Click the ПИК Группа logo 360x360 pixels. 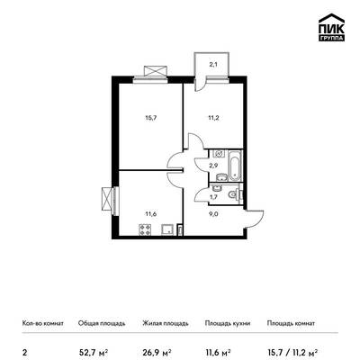pyautogui.click(x=331, y=28)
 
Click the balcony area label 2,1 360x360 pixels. pyautogui.click(x=213, y=64)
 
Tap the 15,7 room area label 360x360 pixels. pyautogui.click(x=151, y=118)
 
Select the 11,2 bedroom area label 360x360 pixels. pyautogui.click(x=213, y=118)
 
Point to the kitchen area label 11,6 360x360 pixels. pyautogui.click(x=151, y=214)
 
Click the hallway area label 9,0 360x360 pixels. pyautogui.click(x=213, y=214)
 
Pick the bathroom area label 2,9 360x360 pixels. pyautogui.click(x=213, y=165)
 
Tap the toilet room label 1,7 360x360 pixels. pyautogui.click(x=213, y=197)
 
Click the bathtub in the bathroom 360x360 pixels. pyautogui.click(x=235, y=166)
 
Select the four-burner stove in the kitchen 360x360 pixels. pyautogui.click(x=145, y=229)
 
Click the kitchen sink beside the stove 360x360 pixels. pyautogui.click(x=166, y=229)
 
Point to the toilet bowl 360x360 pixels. pyautogui.click(x=235, y=194)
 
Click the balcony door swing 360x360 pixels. pyautogui.click(x=199, y=85)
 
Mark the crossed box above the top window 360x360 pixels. pyautogui.click(x=155, y=71)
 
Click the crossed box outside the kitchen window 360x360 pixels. pyautogui.click(x=106, y=199)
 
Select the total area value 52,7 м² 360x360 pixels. pyautogui.click(x=93, y=351)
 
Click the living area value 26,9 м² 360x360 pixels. pyautogui.click(x=157, y=351)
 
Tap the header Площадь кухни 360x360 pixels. pyautogui.click(x=228, y=323)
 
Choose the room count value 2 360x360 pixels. pyautogui.click(x=23, y=352)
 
